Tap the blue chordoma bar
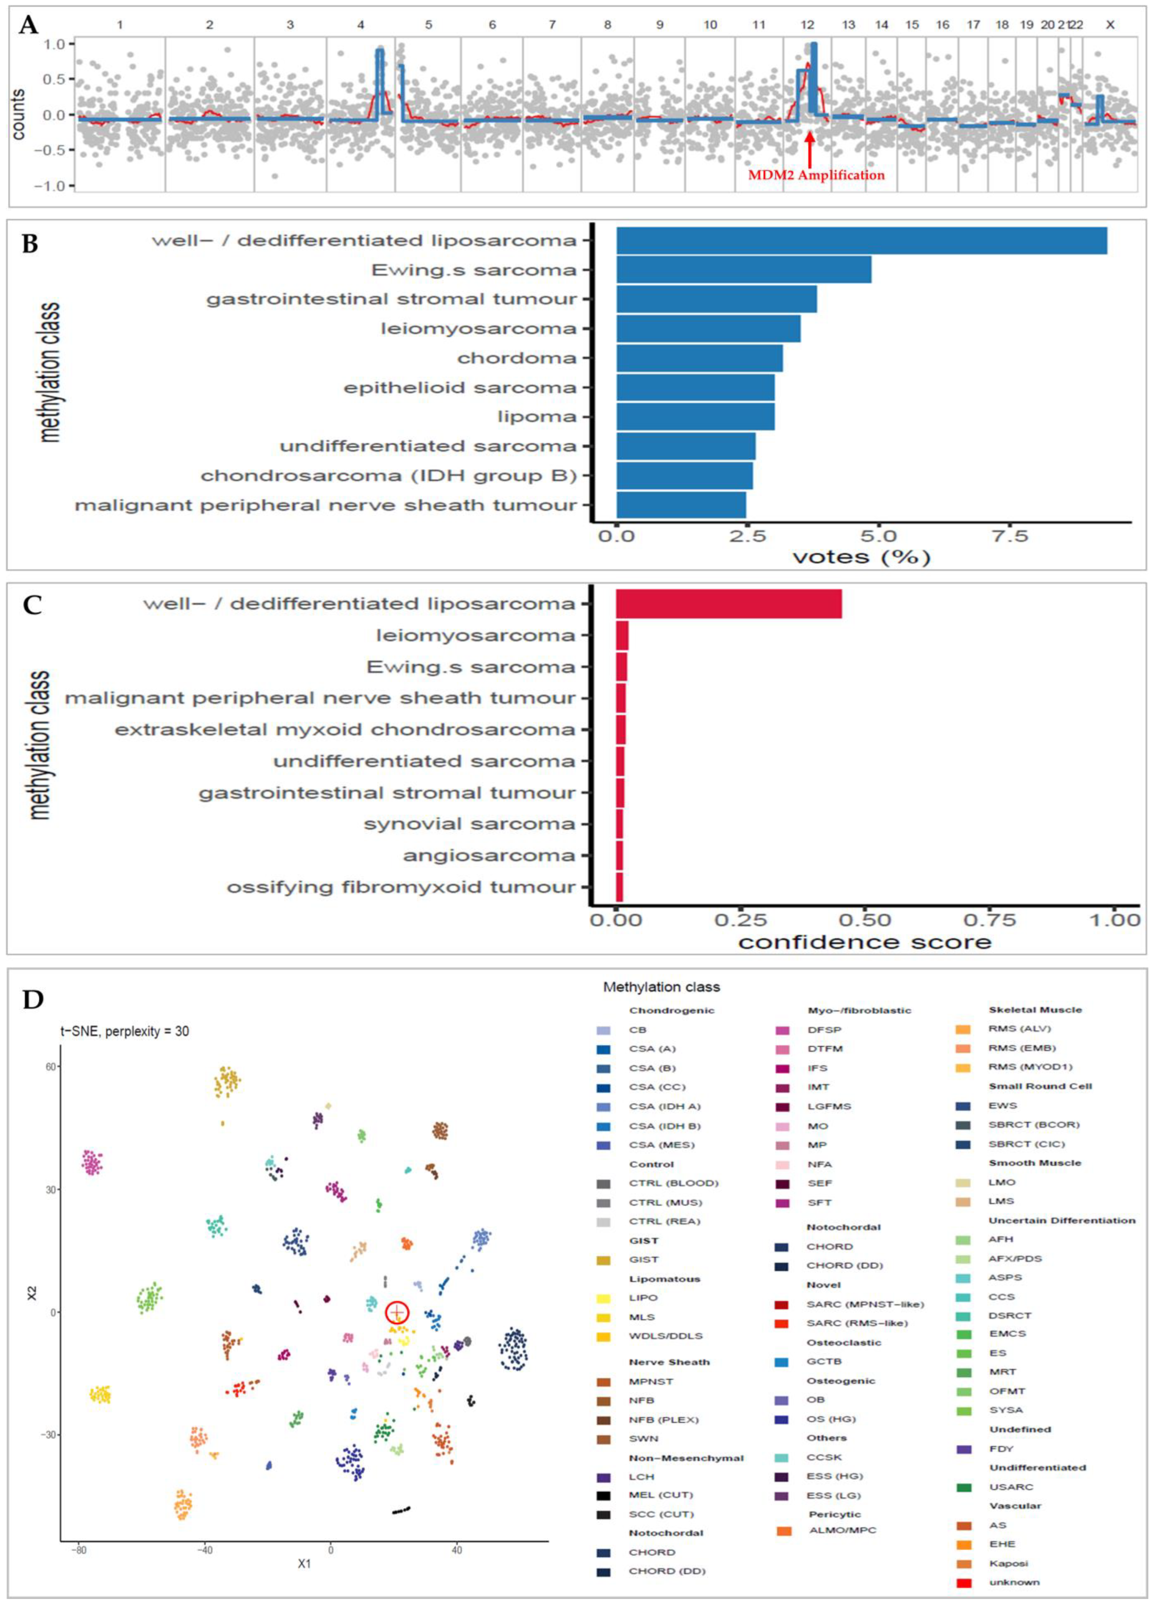(x=699, y=358)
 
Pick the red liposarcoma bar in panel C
(x=729, y=604)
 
